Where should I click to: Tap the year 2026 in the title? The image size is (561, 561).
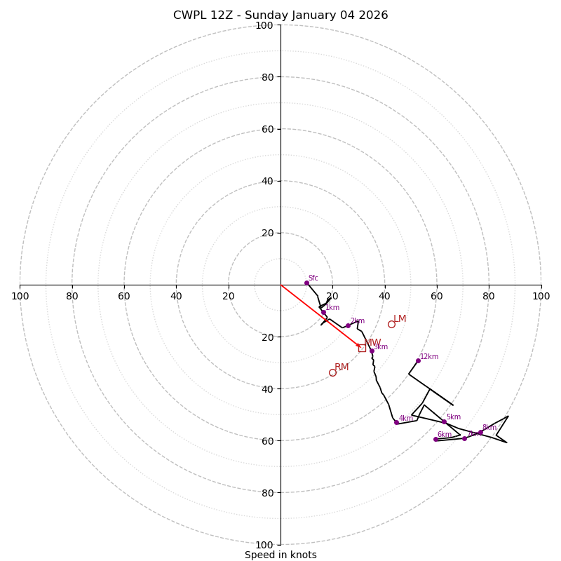[x=372, y=15]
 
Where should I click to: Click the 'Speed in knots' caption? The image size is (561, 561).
[x=280, y=555]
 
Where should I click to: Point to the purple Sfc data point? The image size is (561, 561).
[x=306, y=283]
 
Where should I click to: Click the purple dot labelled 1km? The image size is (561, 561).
[x=323, y=313]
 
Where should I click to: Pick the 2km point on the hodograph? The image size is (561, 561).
[x=348, y=325]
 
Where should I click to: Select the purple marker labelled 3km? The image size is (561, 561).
[x=372, y=351]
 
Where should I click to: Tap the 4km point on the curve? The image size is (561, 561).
[x=396, y=422]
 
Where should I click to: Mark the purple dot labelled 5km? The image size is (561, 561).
[x=444, y=421]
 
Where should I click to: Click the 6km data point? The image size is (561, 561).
[x=435, y=439]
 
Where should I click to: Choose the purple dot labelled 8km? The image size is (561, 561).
[x=480, y=432]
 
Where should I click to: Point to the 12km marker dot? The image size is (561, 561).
[x=418, y=360]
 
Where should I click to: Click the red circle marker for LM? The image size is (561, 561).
[x=391, y=324]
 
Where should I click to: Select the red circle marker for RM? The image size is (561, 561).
[x=332, y=372]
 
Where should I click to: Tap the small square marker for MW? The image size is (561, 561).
[x=362, y=348]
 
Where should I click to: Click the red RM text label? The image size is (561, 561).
[x=342, y=367]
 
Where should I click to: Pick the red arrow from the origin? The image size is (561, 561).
[x=319, y=315]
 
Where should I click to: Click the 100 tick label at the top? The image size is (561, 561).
[x=264, y=25]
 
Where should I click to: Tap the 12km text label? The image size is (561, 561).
[x=429, y=357]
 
